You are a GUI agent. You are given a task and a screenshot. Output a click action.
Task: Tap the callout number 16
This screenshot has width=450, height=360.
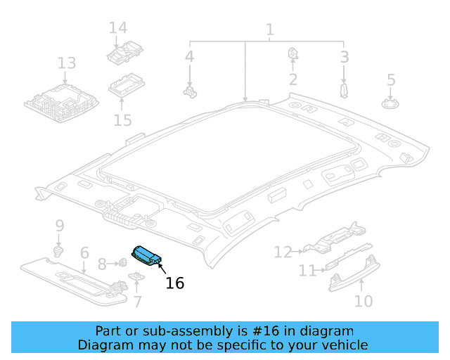174,283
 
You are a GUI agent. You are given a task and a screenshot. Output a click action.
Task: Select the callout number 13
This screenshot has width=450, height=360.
66,64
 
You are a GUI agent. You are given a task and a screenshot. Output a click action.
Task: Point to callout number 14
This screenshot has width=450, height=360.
118,28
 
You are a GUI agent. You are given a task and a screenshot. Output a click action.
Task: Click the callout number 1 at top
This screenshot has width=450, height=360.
269,30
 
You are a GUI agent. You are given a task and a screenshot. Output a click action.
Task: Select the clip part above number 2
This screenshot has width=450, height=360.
293,54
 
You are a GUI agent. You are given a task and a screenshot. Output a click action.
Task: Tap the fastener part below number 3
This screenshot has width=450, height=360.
344,90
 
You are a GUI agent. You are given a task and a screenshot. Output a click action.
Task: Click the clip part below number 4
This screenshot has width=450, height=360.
189,90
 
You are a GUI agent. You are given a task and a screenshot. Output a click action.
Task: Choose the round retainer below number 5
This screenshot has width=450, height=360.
391,103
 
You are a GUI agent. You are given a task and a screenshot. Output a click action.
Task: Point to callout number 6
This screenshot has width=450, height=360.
84,252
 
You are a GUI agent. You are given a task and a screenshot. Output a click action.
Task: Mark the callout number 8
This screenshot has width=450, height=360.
103,264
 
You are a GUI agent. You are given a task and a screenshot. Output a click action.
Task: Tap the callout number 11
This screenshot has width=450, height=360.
307,271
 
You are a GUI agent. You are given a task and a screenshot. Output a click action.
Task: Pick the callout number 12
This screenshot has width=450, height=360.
283,251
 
